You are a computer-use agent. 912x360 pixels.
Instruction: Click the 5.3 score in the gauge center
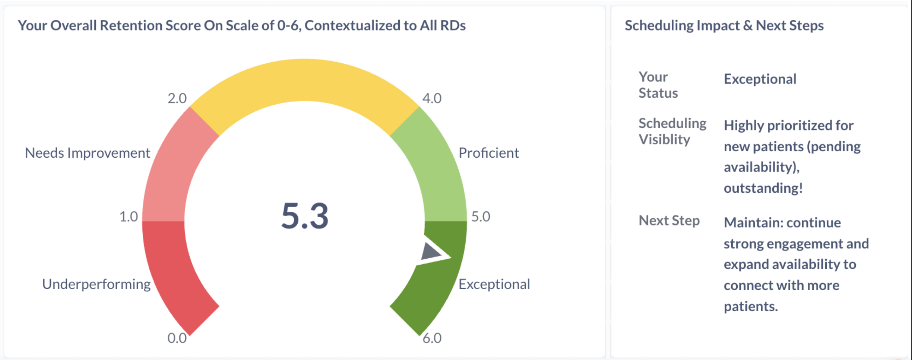305,216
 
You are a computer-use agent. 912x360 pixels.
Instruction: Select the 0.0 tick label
177,338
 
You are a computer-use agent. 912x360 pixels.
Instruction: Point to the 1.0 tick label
129,217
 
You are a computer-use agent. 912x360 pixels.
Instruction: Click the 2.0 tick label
177,98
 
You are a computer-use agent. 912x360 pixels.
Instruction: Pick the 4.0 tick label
432,98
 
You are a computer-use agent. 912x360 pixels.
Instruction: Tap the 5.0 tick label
481,217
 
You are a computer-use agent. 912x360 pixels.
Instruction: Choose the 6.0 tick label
432,338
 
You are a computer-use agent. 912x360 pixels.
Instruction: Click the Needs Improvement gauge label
87,153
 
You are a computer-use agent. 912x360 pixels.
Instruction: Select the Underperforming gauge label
96,284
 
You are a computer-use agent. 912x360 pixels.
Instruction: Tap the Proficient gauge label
488,153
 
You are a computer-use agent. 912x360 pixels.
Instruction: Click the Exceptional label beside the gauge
494,284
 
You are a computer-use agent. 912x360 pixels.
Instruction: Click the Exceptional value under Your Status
760,79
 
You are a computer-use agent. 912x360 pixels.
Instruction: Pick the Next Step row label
669,221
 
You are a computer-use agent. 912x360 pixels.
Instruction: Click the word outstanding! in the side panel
763,188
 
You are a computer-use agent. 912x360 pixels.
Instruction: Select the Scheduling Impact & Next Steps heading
724,25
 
